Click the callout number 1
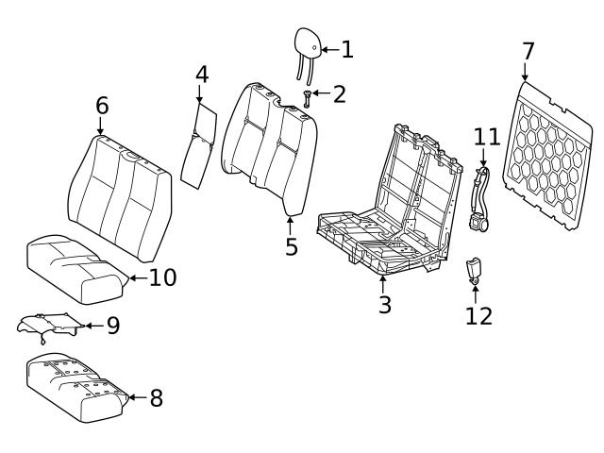pos(347,48)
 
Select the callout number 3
pos(384,306)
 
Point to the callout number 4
pos(202,75)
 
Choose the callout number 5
pos(291,246)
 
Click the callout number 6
pos(102,106)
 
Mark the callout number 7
pos(528,51)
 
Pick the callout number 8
pos(156,398)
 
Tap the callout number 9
pos(112,327)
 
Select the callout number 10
pos(162,278)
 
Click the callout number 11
pos(486,137)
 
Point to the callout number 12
pos(478,315)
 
